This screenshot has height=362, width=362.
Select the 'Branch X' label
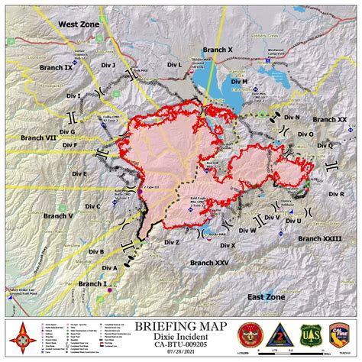click(218, 49)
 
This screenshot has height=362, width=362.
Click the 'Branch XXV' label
click(209, 263)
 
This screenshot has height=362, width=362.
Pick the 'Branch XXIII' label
click(321, 239)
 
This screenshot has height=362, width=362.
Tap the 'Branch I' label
click(94, 283)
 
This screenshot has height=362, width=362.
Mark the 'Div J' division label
click(108, 66)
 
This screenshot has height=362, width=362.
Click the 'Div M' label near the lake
click(239, 81)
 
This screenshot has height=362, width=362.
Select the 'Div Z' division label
click(172, 242)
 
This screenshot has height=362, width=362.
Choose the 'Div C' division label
click(93, 206)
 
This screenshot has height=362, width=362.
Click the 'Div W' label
click(247, 230)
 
